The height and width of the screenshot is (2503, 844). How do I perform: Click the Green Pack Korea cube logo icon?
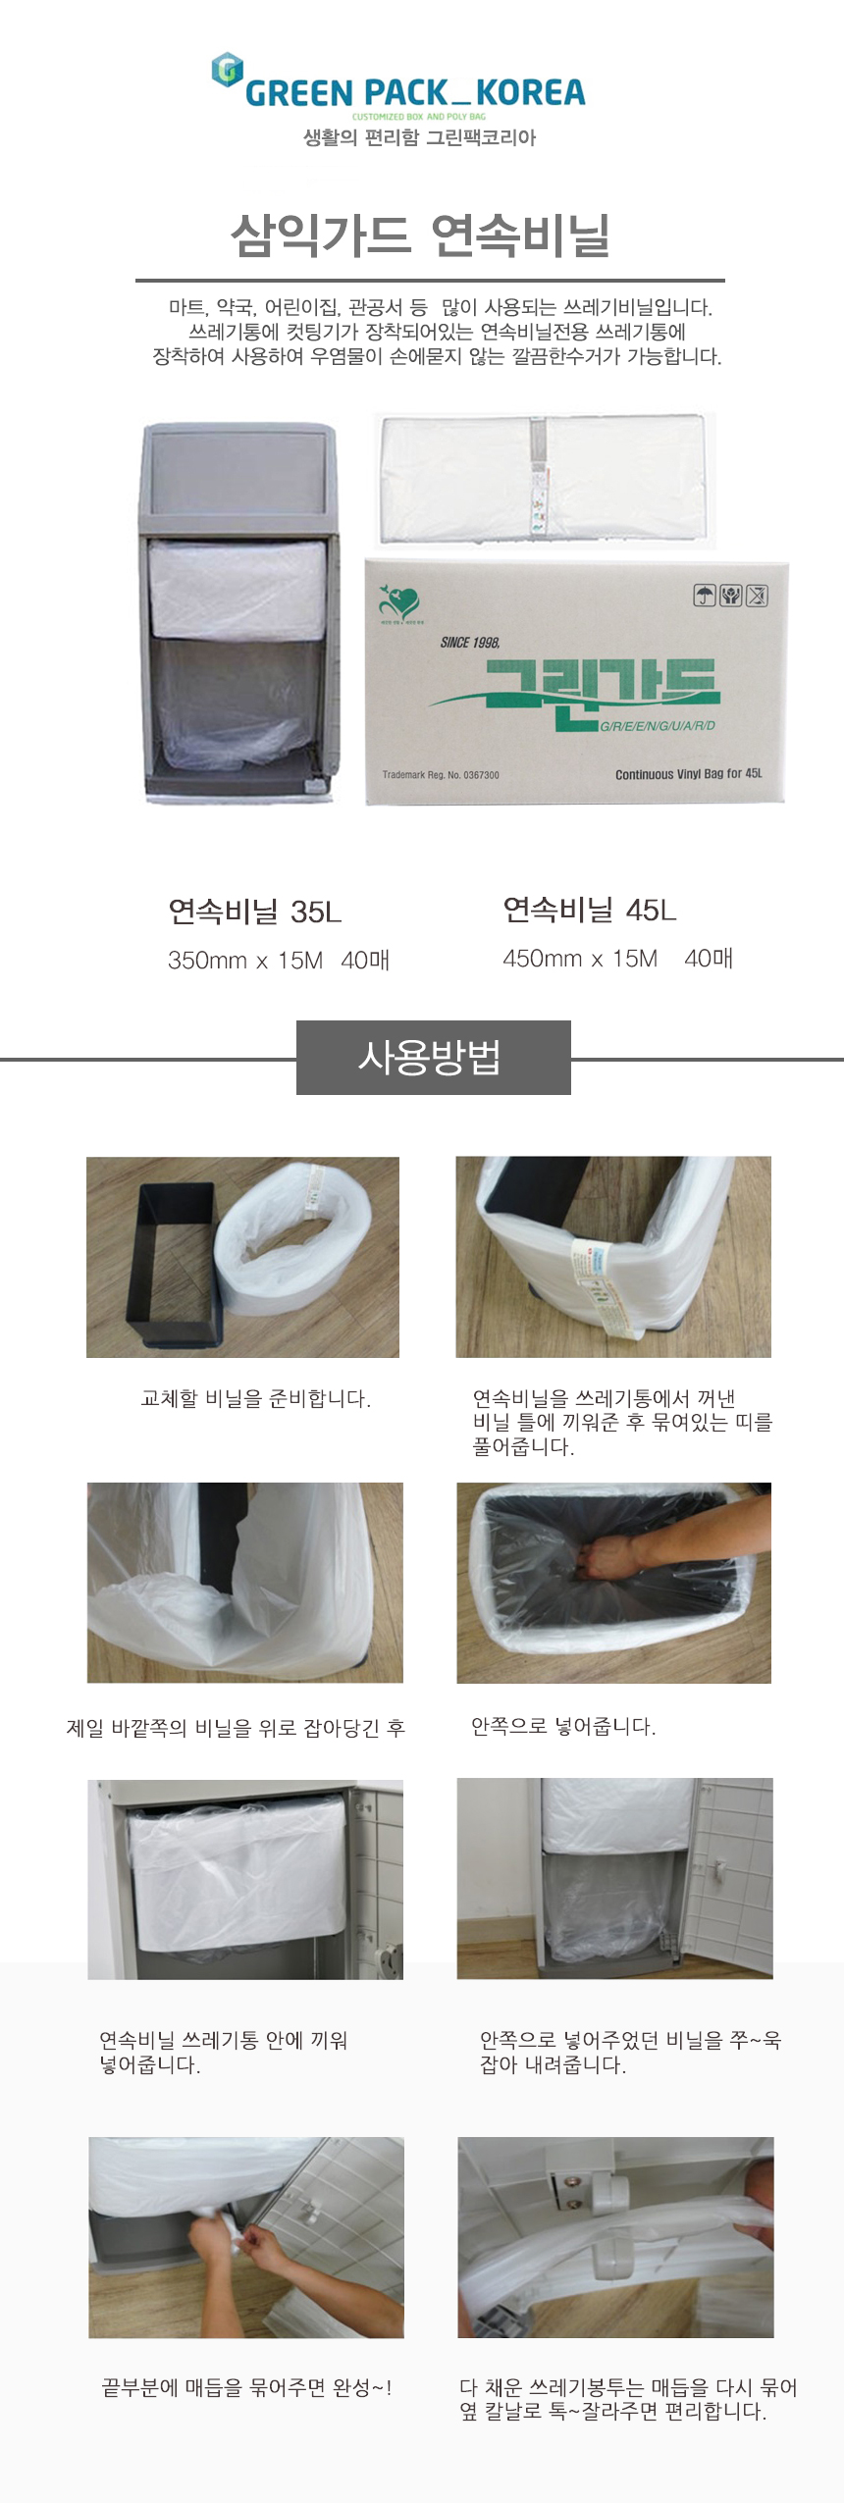pos(228,70)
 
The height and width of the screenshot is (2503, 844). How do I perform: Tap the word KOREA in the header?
pos(530,93)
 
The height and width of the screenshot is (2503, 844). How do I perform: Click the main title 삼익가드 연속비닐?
pos(421,235)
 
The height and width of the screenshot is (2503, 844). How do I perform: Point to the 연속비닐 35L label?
pos(255,912)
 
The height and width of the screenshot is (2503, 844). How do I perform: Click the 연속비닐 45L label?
pos(590,910)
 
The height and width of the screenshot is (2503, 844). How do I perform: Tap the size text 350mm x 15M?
pos(245,961)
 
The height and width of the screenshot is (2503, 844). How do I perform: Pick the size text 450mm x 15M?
pos(580,959)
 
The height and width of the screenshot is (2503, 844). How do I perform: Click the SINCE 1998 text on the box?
pos(470,643)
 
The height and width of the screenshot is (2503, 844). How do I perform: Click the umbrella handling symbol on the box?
pos(705,596)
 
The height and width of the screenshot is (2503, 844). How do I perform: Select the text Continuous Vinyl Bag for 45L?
pos(688,774)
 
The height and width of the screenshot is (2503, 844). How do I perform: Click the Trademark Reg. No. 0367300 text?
pos(441,775)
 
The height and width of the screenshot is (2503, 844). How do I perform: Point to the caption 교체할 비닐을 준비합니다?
pos(256,1398)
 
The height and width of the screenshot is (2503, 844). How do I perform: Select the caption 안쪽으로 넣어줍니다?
pos(563,1726)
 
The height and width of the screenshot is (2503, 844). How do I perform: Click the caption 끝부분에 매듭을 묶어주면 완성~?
pos(247,2387)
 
